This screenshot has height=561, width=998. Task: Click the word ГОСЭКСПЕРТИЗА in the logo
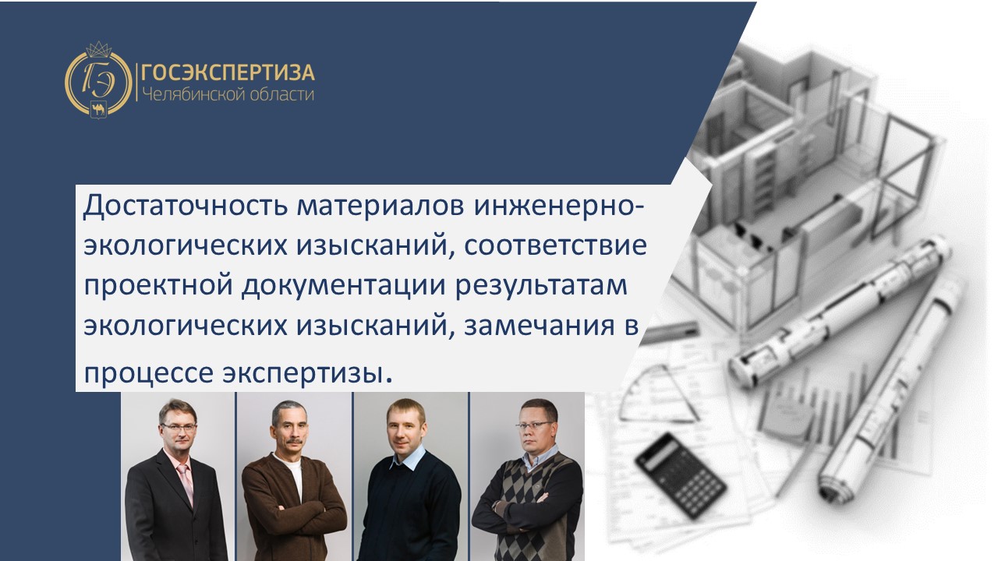tap(228, 72)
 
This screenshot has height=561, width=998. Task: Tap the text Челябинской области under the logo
tap(228, 94)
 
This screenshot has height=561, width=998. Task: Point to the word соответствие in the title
tap(555, 245)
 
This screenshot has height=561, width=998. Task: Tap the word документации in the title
tap(343, 286)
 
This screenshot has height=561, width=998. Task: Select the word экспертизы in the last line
tap(303, 374)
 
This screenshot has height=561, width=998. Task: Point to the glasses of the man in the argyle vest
tap(534, 425)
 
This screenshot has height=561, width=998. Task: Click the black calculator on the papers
tap(681, 476)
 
